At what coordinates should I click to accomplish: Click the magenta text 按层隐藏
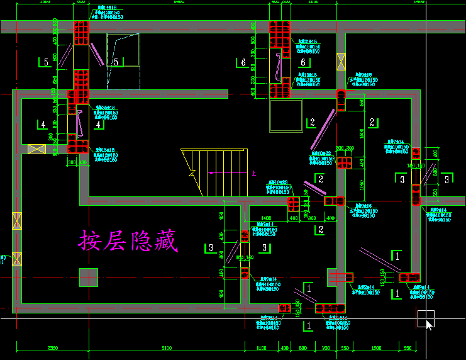pyautogui.click(x=128, y=240)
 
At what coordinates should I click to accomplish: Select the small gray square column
pyautogui.click(x=89, y=277)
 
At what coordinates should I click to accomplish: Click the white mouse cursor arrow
pyautogui.click(x=429, y=324)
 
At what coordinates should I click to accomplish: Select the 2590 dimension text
pyautogui.click(x=52, y=348)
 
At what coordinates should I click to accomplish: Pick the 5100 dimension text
pyautogui.click(x=167, y=348)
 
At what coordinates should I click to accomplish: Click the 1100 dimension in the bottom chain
pyautogui.click(x=262, y=348)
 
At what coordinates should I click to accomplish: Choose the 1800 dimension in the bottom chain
pyautogui.click(x=377, y=348)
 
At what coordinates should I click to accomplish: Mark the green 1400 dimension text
pyautogui.click(x=266, y=218)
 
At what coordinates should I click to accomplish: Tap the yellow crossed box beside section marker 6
pyautogui.click(x=341, y=61)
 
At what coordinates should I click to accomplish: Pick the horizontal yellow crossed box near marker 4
pyautogui.click(x=36, y=149)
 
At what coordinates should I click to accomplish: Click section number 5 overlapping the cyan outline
pyautogui.click(x=116, y=62)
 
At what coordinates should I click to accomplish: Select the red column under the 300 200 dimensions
pyautogui.click(x=343, y=162)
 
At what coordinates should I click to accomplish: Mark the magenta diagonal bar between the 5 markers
pyautogui.click(x=97, y=53)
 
